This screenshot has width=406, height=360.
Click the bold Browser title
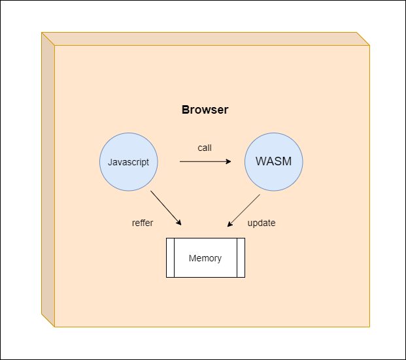pyautogui.click(x=205, y=110)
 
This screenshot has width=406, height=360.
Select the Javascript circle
pyautogui.click(x=129, y=162)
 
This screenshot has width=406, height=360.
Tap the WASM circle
pyautogui.click(x=274, y=162)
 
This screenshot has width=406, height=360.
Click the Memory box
pyautogui.click(x=205, y=258)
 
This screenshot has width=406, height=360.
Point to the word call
pyautogui.click(x=205, y=148)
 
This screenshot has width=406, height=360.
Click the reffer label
pyautogui.click(x=143, y=223)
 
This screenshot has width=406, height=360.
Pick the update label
pyautogui.click(x=262, y=223)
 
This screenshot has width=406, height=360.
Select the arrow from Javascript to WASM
pyautogui.click(x=205, y=161)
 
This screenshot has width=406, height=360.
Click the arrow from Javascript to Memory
pyautogui.click(x=166, y=208)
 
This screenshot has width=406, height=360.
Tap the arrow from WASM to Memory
pyautogui.click(x=244, y=210)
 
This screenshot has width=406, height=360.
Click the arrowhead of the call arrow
pyautogui.click(x=228, y=161)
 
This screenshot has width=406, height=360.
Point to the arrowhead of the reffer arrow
pyautogui.click(x=179, y=223)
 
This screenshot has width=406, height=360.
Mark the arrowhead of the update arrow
pyautogui.click(x=229, y=224)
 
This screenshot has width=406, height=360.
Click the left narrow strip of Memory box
pyautogui.click(x=170, y=258)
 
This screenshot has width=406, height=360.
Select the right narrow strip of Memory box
pyautogui.click(x=241, y=258)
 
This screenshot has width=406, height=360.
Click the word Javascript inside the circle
pyautogui.click(x=128, y=162)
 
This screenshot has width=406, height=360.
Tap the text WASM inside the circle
pyautogui.click(x=274, y=161)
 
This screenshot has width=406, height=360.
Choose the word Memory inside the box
pyautogui.click(x=205, y=258)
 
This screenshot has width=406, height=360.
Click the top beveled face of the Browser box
pyautogui.click(x=205, y=39)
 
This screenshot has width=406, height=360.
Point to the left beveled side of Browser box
pyautogui.click(x=48, y=180)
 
